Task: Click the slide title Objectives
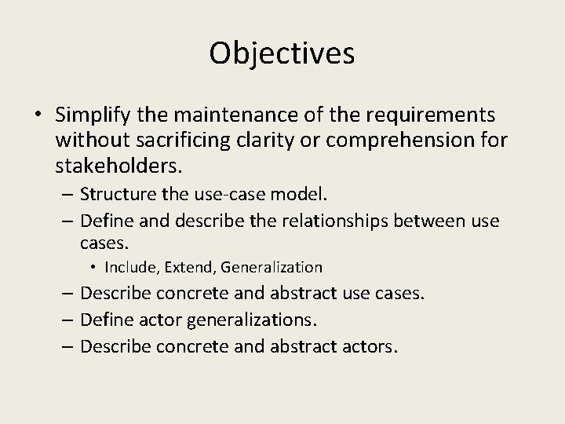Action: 282,53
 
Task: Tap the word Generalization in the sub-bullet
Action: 271,267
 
